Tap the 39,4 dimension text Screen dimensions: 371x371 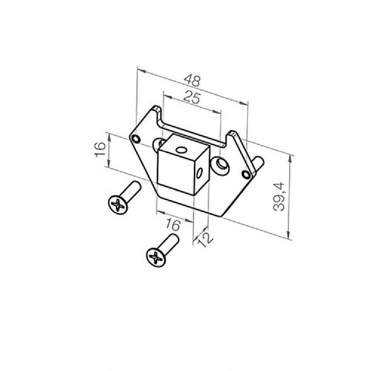279,197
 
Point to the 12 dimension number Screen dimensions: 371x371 204,239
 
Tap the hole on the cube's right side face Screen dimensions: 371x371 200,171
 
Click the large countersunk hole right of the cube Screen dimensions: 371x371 221,166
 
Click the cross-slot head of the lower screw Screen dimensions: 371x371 155,257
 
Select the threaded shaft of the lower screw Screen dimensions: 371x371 170,242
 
